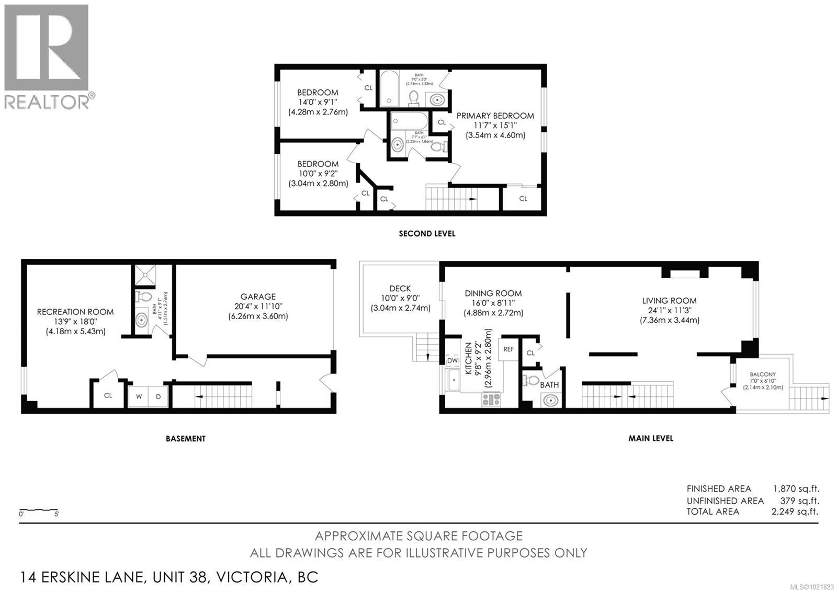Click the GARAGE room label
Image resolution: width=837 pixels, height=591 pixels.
[258, 297]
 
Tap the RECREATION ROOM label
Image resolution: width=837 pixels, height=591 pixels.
[75, 312]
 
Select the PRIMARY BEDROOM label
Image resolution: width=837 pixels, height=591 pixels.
[495, 116]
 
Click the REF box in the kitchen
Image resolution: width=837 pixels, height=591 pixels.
[508, 349]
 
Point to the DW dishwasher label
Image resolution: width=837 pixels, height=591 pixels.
[453, 360]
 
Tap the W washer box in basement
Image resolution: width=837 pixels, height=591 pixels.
[139, 396]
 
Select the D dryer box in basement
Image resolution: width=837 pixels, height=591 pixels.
[158, 396]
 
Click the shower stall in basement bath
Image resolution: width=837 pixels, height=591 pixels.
[145, 275]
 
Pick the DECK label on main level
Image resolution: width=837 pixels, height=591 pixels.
[400, 288]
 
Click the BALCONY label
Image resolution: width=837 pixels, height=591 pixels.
[762, 374]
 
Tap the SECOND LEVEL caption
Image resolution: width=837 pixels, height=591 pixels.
[427, 234]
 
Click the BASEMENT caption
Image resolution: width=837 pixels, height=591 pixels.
[186, 438]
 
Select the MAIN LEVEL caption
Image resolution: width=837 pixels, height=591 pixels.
[650, 438]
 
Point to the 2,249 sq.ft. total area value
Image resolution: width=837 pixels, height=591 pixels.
[795, 512]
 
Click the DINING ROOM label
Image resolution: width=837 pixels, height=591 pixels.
[493, 293]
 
